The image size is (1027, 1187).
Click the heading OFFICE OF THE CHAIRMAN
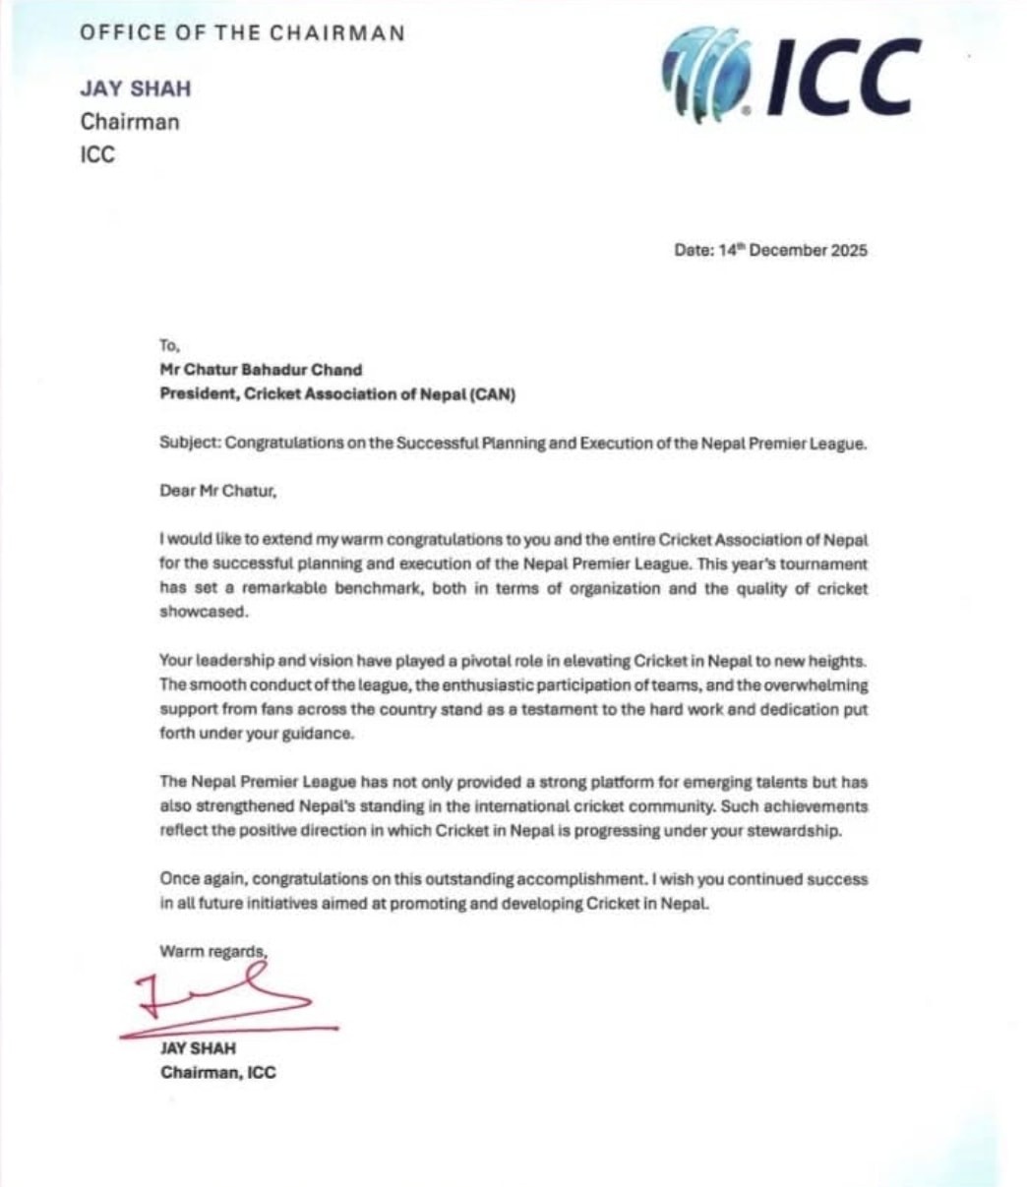pos(242,32)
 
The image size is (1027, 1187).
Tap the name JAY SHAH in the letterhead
pos(136,89)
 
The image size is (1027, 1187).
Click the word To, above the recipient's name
pos(170,345)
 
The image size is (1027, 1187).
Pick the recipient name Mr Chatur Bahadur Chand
pos(261,371)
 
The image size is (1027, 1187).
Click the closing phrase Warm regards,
pos(213,951)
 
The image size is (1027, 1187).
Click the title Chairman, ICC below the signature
pos(218,1072)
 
